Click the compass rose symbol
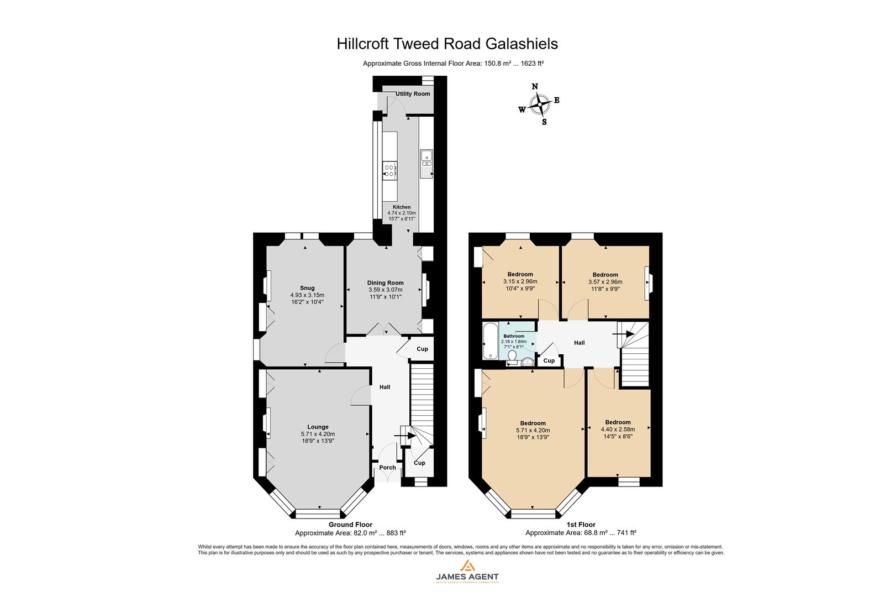click(x=538, y=104)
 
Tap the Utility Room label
click(x=413, y=94)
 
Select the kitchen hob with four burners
click(x=389, y=170)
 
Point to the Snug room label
click(x=307, y=288)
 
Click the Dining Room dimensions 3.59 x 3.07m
click(x=385, y=290)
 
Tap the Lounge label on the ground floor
click(x=318, y=427)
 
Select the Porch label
click(x=387, y=468)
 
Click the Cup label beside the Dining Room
click(x=422, y=349)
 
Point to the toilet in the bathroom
click(x=512, y=358)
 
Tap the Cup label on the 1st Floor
click(x=549, y=361)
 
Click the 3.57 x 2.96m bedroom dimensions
click(x=605, y=281)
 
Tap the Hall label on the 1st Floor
click(x=579, y=343)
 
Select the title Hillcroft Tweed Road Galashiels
click(x=447, y=44)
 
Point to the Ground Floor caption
click(x=350, y=525)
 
